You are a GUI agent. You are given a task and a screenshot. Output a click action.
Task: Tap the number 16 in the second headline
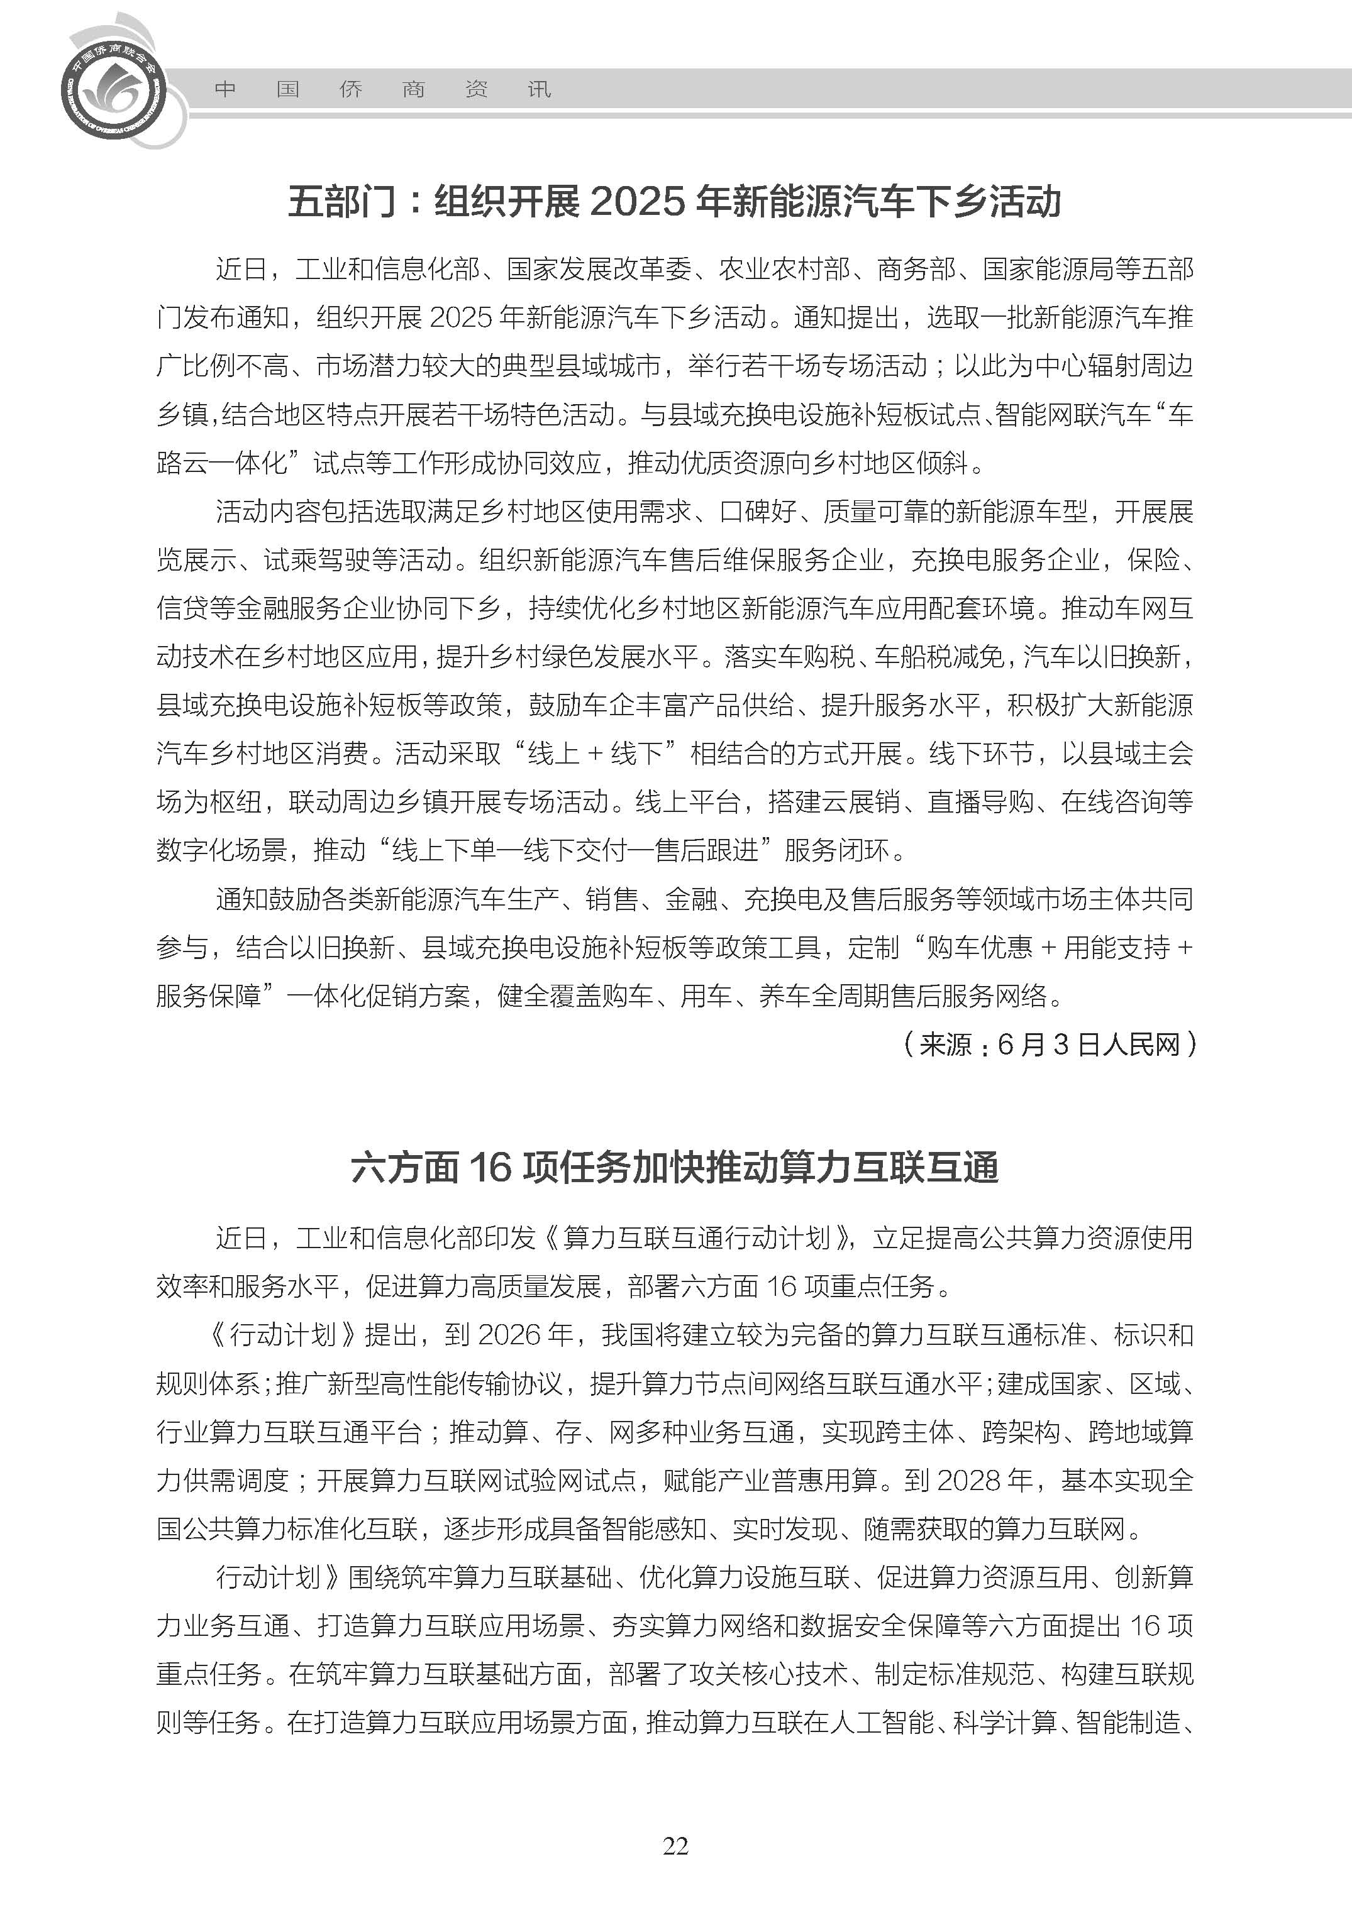click(489, 1168)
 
